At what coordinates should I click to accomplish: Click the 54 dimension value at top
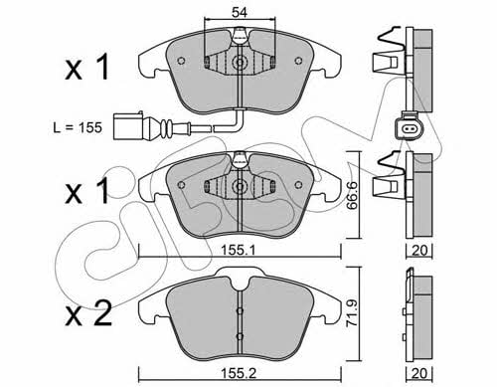click(240, 13)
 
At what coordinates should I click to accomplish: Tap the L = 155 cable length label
click(78, 127)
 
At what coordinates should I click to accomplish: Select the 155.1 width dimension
click(238, 251)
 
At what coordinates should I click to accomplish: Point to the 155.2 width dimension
click(239, 374)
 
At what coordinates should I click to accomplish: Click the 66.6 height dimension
click(352, 195)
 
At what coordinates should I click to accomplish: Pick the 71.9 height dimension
click(352, 313)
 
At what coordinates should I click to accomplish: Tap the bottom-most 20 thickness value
click(419, 374)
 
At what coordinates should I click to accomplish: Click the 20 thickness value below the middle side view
click(419, 251)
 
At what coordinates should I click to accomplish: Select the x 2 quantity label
click(88, 313)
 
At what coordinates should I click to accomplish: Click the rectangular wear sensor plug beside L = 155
click(128, 126)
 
